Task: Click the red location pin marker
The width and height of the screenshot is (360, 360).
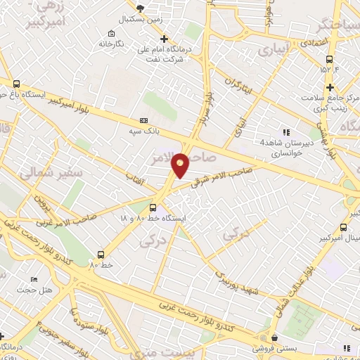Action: point(181,165)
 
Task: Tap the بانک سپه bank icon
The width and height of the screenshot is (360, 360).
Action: point(144,120)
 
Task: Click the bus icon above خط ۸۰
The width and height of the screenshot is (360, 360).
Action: point(101,255)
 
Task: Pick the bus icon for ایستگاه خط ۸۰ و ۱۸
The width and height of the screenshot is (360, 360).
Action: point(153,207)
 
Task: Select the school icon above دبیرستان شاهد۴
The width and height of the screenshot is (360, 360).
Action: point(285,131)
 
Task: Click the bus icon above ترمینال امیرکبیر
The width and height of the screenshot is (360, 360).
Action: point(343,226)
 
